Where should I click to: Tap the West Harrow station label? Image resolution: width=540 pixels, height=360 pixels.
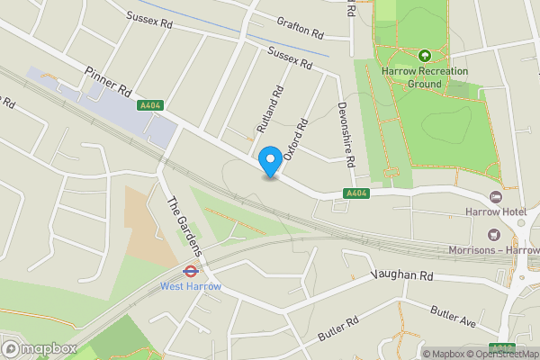pyautogui.click(x=190, y=286)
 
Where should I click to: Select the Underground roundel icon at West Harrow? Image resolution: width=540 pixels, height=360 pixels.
pyautogui.click(x=191, y=269)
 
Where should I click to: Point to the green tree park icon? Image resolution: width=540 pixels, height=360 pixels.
pyautogui.click(x=424, y=54)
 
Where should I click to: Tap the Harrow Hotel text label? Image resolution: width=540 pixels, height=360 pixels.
pyautogui.click(x=495, y=211)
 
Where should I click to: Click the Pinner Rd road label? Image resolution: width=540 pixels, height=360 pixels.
pyautogui.click(x=108, y=80)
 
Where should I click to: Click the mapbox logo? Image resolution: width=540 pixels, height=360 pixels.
pyautogui.click(x=40, y=348)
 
